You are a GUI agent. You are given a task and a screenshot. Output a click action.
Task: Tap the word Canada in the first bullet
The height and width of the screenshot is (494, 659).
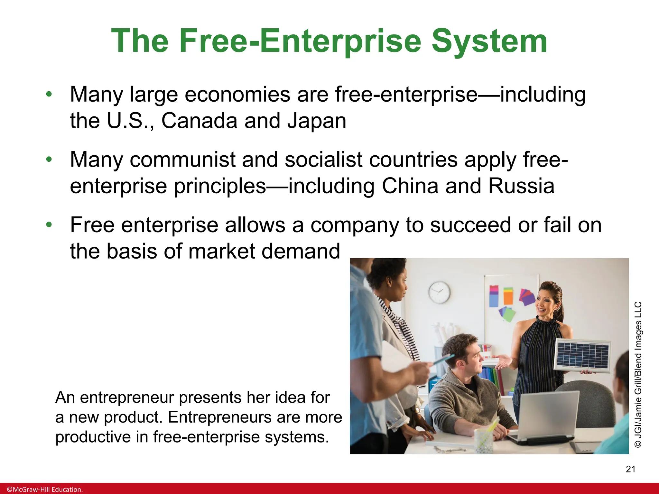coord(199,121)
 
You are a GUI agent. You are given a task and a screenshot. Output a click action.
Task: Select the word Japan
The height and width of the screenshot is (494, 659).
coord(317,121)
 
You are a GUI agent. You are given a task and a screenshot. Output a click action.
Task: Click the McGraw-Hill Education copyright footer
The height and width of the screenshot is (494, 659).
coord(45,489)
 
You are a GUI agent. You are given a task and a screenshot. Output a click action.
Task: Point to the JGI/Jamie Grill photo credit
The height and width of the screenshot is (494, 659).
coord(638,374)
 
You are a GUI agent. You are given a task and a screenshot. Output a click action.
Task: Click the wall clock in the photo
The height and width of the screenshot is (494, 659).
coord(439,292)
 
